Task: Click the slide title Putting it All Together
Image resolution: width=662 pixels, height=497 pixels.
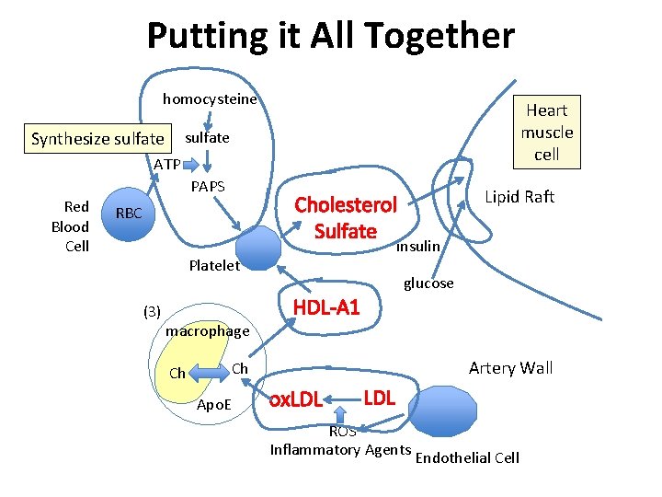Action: pyautogui.click(x=330, y=37)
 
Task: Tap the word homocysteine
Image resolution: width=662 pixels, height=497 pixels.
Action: pyautogui.click(x=210, y=98)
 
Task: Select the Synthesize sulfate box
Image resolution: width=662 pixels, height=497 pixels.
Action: pyautogui.click(x=98, y=140)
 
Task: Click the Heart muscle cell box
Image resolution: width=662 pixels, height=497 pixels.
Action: pyautogui.click(x=547, y=133)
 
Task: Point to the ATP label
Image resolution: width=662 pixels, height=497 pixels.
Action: pyautogui.click(x=166, y=164)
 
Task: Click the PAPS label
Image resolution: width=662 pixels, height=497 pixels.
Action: pyautogui.click(x=208, y=187)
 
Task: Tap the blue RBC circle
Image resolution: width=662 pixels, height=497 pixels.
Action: pyautogui.click(x=129, y=214)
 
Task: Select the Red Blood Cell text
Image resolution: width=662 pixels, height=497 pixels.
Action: pyautogui.click(x=71, y=226)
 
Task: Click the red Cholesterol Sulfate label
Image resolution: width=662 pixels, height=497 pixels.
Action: pyautogui.click(x=346, y=218)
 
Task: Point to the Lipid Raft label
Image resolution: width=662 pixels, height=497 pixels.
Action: pyautogui.click(x=519, y=197)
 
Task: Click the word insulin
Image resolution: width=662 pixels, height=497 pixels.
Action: pyautogui.click(x=418, y=247)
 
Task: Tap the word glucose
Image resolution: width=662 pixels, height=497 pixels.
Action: pyautogui.click(x=428, y=283)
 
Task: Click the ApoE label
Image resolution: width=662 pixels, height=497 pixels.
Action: pyautogui.click(x=217, y=405)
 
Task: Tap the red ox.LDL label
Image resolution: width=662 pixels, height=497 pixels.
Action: pyautogui.click(x=294, y=399)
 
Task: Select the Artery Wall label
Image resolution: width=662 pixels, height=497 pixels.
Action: pyautogui.click(x=510, y=368)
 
